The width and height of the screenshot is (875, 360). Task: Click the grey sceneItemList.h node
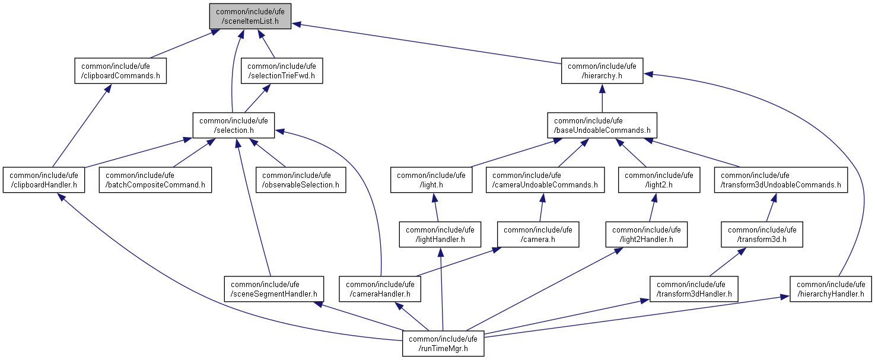click(x=250, y=16)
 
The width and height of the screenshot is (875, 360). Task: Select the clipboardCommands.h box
click(x=120, y=71)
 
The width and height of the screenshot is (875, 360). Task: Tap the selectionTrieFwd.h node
click(x=282, y=71)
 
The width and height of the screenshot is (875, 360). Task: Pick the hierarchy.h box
click(x=602, y=71)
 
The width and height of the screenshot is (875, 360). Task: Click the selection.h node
click(x=234, y=125)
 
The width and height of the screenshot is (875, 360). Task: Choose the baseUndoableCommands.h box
click(x=602, y=125)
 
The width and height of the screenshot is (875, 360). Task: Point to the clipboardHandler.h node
click(x=44, y=180)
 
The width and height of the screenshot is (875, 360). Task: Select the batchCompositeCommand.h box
click(x=155, y=180)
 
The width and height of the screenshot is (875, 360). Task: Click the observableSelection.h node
click(x=301, y=180)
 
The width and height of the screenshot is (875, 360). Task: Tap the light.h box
click(x=431, y=180)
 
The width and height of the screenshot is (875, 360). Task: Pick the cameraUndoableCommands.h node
click(x=545, y=180)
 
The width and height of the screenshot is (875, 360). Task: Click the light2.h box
click(x=659, y=180)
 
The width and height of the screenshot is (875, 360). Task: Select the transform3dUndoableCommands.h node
click(x=781, y=180)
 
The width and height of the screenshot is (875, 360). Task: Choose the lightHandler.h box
click(x=440, y=234)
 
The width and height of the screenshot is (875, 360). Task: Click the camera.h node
click(x=538, y=234)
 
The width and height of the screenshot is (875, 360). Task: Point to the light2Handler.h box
click(x=647, y=234)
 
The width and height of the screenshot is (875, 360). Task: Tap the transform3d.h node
click(x=762, y=234)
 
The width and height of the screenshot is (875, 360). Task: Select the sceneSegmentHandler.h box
click(x=274, y=289)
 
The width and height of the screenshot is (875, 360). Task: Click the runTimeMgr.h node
click(x=443, y=343)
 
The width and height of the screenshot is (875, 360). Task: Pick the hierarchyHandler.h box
click(x=831, y=289)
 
